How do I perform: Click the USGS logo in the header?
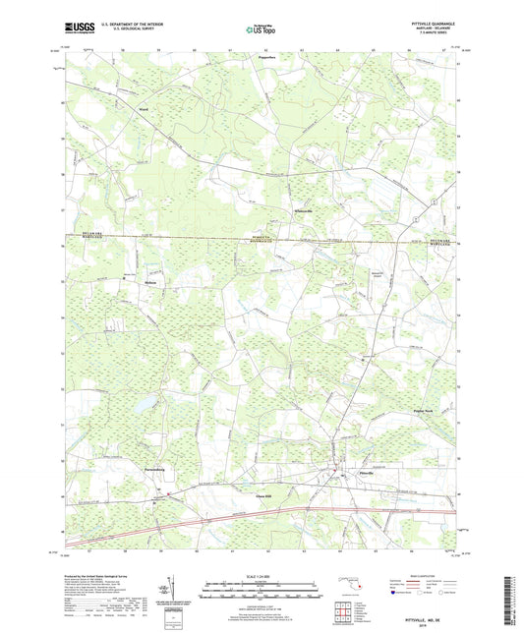[74, 29]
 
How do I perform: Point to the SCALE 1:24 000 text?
[262, 575]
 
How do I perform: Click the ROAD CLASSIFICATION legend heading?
[419, 575]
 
